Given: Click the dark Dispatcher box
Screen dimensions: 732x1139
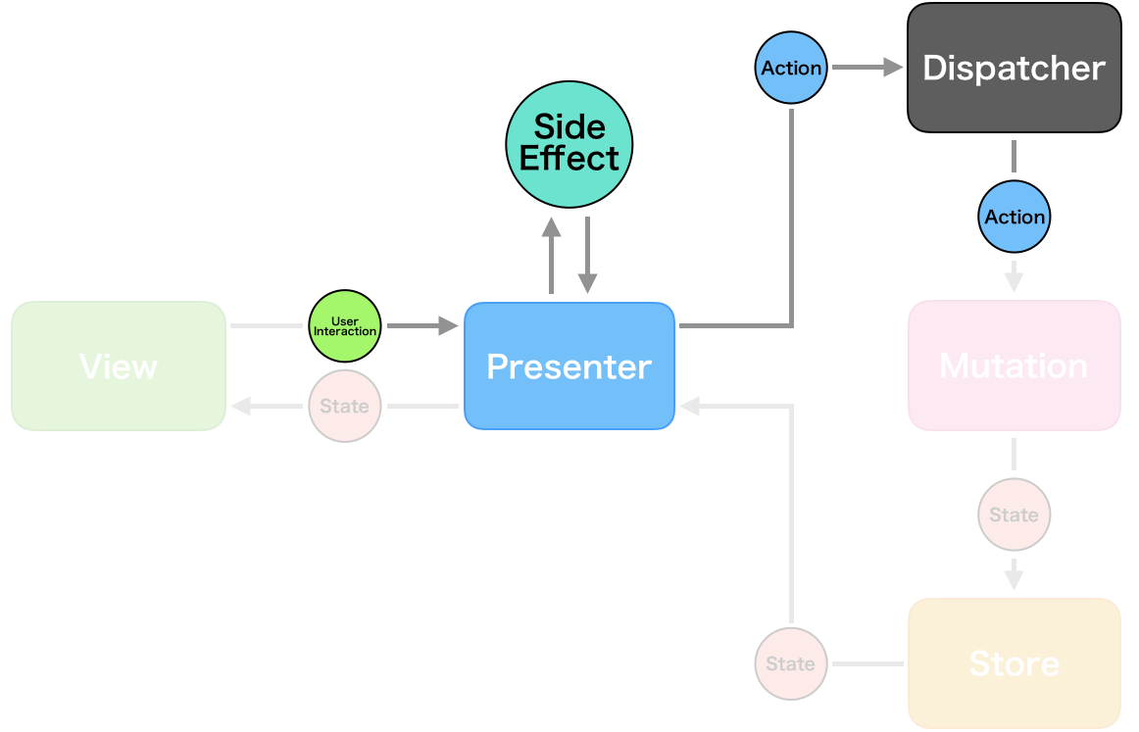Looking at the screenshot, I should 1014,68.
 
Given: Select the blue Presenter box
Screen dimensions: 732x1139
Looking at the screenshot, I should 569,366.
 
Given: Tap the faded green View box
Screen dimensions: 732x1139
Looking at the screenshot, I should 119,366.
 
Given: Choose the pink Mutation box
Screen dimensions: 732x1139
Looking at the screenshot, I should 1014,366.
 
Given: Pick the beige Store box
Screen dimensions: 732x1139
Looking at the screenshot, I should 1014,662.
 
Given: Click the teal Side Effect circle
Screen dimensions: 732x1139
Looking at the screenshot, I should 569,143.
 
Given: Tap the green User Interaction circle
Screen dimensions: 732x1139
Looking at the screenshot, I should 344,326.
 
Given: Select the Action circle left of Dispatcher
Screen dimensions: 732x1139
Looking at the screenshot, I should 791,68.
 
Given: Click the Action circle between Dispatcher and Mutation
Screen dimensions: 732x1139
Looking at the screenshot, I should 1015,217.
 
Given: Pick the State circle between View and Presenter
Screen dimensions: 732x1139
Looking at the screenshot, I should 344,406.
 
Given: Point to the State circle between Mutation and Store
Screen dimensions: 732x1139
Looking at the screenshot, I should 1015,514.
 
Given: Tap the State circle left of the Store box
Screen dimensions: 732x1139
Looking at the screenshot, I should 791,663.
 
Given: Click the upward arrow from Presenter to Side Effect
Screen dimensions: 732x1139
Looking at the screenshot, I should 551,255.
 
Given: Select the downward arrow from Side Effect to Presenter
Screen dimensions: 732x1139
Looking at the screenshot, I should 587,255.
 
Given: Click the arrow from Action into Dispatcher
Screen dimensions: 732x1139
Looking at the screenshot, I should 867,68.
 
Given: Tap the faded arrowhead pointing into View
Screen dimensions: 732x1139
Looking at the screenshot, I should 241,406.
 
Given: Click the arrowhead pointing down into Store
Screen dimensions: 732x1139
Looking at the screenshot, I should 1015,578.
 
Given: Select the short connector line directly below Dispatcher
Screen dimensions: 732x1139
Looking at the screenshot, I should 1015,156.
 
